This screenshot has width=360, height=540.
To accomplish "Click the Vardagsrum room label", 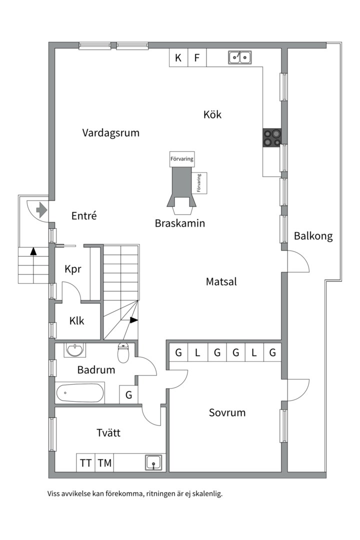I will click(110, 133).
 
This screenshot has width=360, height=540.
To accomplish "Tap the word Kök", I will click(212, 114).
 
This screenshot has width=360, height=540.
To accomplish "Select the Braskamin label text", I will click(180, 223).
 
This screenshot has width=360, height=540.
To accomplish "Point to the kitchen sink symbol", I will click(239, 57).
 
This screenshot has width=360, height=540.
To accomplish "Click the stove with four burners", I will click(272, 137).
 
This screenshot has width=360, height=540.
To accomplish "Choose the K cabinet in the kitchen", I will click(178, 58).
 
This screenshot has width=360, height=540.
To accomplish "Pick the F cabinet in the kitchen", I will click(197, 58).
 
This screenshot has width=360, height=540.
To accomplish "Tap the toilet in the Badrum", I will click(123, 353).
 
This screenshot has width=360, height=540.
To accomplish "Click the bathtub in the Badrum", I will click(80, 393).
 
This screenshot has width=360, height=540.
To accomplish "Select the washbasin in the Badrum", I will click(75, 350).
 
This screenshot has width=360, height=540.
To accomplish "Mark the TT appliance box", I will click(85, 463).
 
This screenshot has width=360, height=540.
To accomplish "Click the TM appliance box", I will click(104, 463).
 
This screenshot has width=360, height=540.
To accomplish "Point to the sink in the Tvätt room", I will click(153, 462).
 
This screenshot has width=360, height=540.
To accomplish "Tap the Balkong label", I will click(313, 236).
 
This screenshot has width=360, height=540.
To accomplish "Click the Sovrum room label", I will click(227, 413).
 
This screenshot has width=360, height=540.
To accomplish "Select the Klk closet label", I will click(76, 321).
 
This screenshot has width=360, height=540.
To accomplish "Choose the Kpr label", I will click(73, 269).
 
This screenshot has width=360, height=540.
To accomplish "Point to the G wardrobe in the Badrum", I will click(128, 395).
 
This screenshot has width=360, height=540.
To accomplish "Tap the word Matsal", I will click(221, 282).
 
